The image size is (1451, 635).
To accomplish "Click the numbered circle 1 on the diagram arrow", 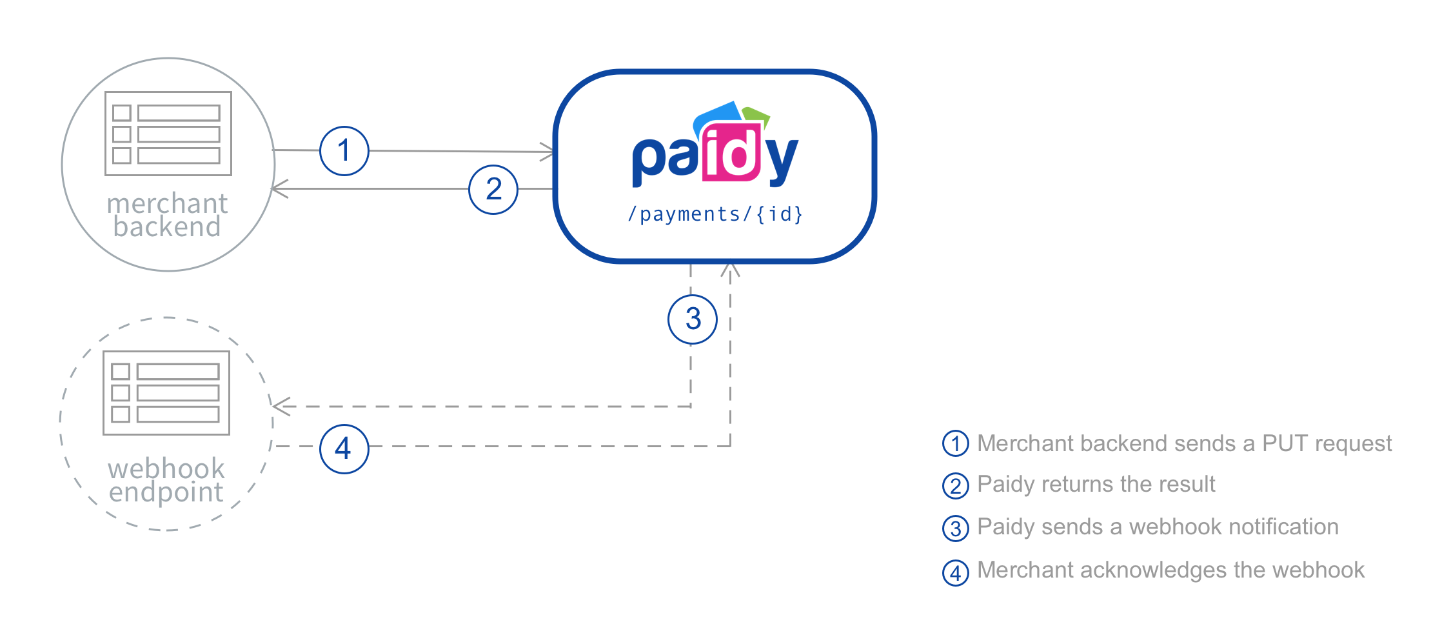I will coord(344,151).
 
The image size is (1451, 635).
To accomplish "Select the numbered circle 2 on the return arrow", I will coord(493,189).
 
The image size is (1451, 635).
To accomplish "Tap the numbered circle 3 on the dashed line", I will coord(693,319).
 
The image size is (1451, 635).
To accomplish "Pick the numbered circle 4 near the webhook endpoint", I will coord(344,449).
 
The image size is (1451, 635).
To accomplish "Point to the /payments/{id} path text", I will coord(715,214).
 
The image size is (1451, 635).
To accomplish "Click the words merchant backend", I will coord(167,215).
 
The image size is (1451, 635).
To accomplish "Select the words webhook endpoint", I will coord(166,480).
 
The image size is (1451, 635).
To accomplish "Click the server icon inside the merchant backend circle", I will coord(168,134).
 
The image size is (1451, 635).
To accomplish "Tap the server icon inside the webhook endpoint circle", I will coord(166,392).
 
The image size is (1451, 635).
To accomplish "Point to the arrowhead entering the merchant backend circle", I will coord(279,188).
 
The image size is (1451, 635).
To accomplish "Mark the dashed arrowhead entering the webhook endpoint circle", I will coord(279,406).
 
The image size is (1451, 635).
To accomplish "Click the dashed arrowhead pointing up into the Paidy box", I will coord(730,270).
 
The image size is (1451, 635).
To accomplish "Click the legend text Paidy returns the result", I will coord(1096,484).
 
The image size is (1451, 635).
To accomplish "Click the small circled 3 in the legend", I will coord(955,529).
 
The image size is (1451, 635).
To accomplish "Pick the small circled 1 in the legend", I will coord(955,444).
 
